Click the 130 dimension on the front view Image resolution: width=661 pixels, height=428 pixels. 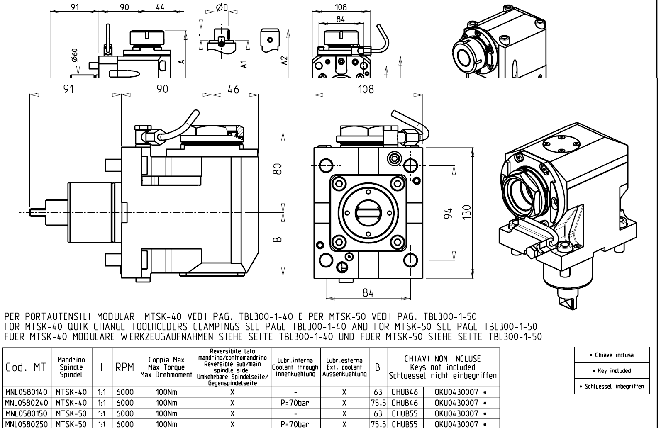[x=468, y=213]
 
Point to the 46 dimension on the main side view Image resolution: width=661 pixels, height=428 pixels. [x=234, y=89]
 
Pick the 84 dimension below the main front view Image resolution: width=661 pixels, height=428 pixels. [x=368, y=293]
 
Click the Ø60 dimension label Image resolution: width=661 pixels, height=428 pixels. [x=74, y=55]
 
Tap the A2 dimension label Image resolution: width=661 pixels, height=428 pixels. [x=284, y=61]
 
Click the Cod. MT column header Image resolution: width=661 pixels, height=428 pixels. [x=26, y=367]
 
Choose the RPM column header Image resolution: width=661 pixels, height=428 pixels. [x=124, y=367]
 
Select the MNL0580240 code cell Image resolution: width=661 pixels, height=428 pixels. [x=27, y=403]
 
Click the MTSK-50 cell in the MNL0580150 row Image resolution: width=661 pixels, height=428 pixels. [x=71, y=413]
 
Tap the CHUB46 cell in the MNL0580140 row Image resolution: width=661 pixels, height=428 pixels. [x=405, y=392]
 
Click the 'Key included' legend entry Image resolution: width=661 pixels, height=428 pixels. [x=612, y=371]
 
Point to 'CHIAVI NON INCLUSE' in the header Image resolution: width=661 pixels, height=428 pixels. [x=442, y=359]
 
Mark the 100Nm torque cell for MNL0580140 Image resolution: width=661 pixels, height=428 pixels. [x=166, y=392]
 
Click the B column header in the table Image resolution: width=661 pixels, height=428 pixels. [x=378, y=367]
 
